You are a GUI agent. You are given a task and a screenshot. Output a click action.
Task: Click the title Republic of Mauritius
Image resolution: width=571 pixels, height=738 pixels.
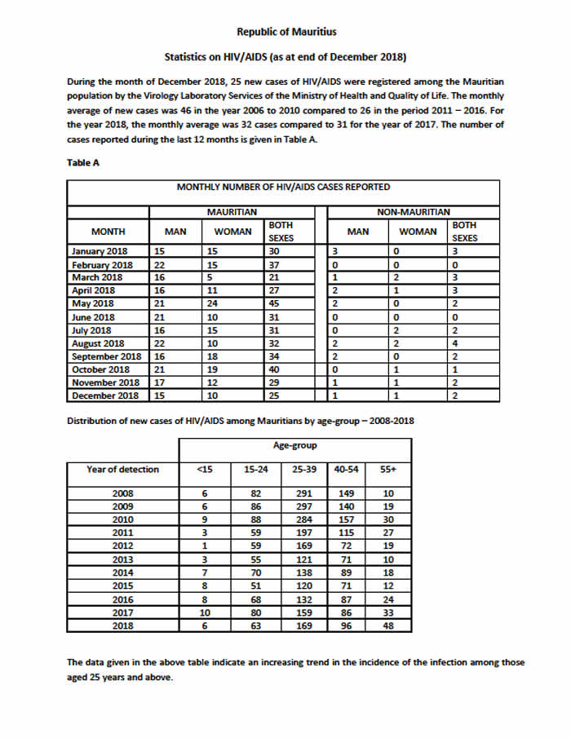pos(285,32)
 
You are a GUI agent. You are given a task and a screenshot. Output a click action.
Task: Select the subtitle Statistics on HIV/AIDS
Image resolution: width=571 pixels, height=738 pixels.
pos(285,57)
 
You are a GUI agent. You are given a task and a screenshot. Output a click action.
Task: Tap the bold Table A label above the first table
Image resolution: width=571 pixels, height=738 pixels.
pos(82,162)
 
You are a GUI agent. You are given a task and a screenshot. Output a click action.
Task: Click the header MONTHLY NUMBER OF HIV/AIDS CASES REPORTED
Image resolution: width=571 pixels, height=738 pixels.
pos(283,188)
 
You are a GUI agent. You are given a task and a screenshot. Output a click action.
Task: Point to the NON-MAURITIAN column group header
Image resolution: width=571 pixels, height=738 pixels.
pos(414,212)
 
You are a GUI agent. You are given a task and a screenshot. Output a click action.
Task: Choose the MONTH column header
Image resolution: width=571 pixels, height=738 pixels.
pos(108,232)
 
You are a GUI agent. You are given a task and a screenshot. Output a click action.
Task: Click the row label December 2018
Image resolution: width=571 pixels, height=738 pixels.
pos(105,396)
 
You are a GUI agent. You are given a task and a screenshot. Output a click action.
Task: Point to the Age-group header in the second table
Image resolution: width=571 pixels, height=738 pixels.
pos(294,446)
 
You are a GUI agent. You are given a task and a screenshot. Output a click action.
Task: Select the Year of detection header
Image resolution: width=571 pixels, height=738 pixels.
pos(122,469)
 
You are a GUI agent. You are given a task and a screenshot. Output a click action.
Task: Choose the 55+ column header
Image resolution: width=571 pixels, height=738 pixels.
pos(390,469)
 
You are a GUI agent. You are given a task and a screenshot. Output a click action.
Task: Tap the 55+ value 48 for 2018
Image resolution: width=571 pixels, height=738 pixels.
pos(390,625)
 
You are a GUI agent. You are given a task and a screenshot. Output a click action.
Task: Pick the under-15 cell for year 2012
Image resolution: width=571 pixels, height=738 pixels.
pos(204,546)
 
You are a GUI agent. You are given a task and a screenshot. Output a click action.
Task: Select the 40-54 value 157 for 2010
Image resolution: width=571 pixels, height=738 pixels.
pos(347,519)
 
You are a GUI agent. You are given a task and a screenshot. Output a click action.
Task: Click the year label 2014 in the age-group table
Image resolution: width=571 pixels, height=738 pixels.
pos(122,572)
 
